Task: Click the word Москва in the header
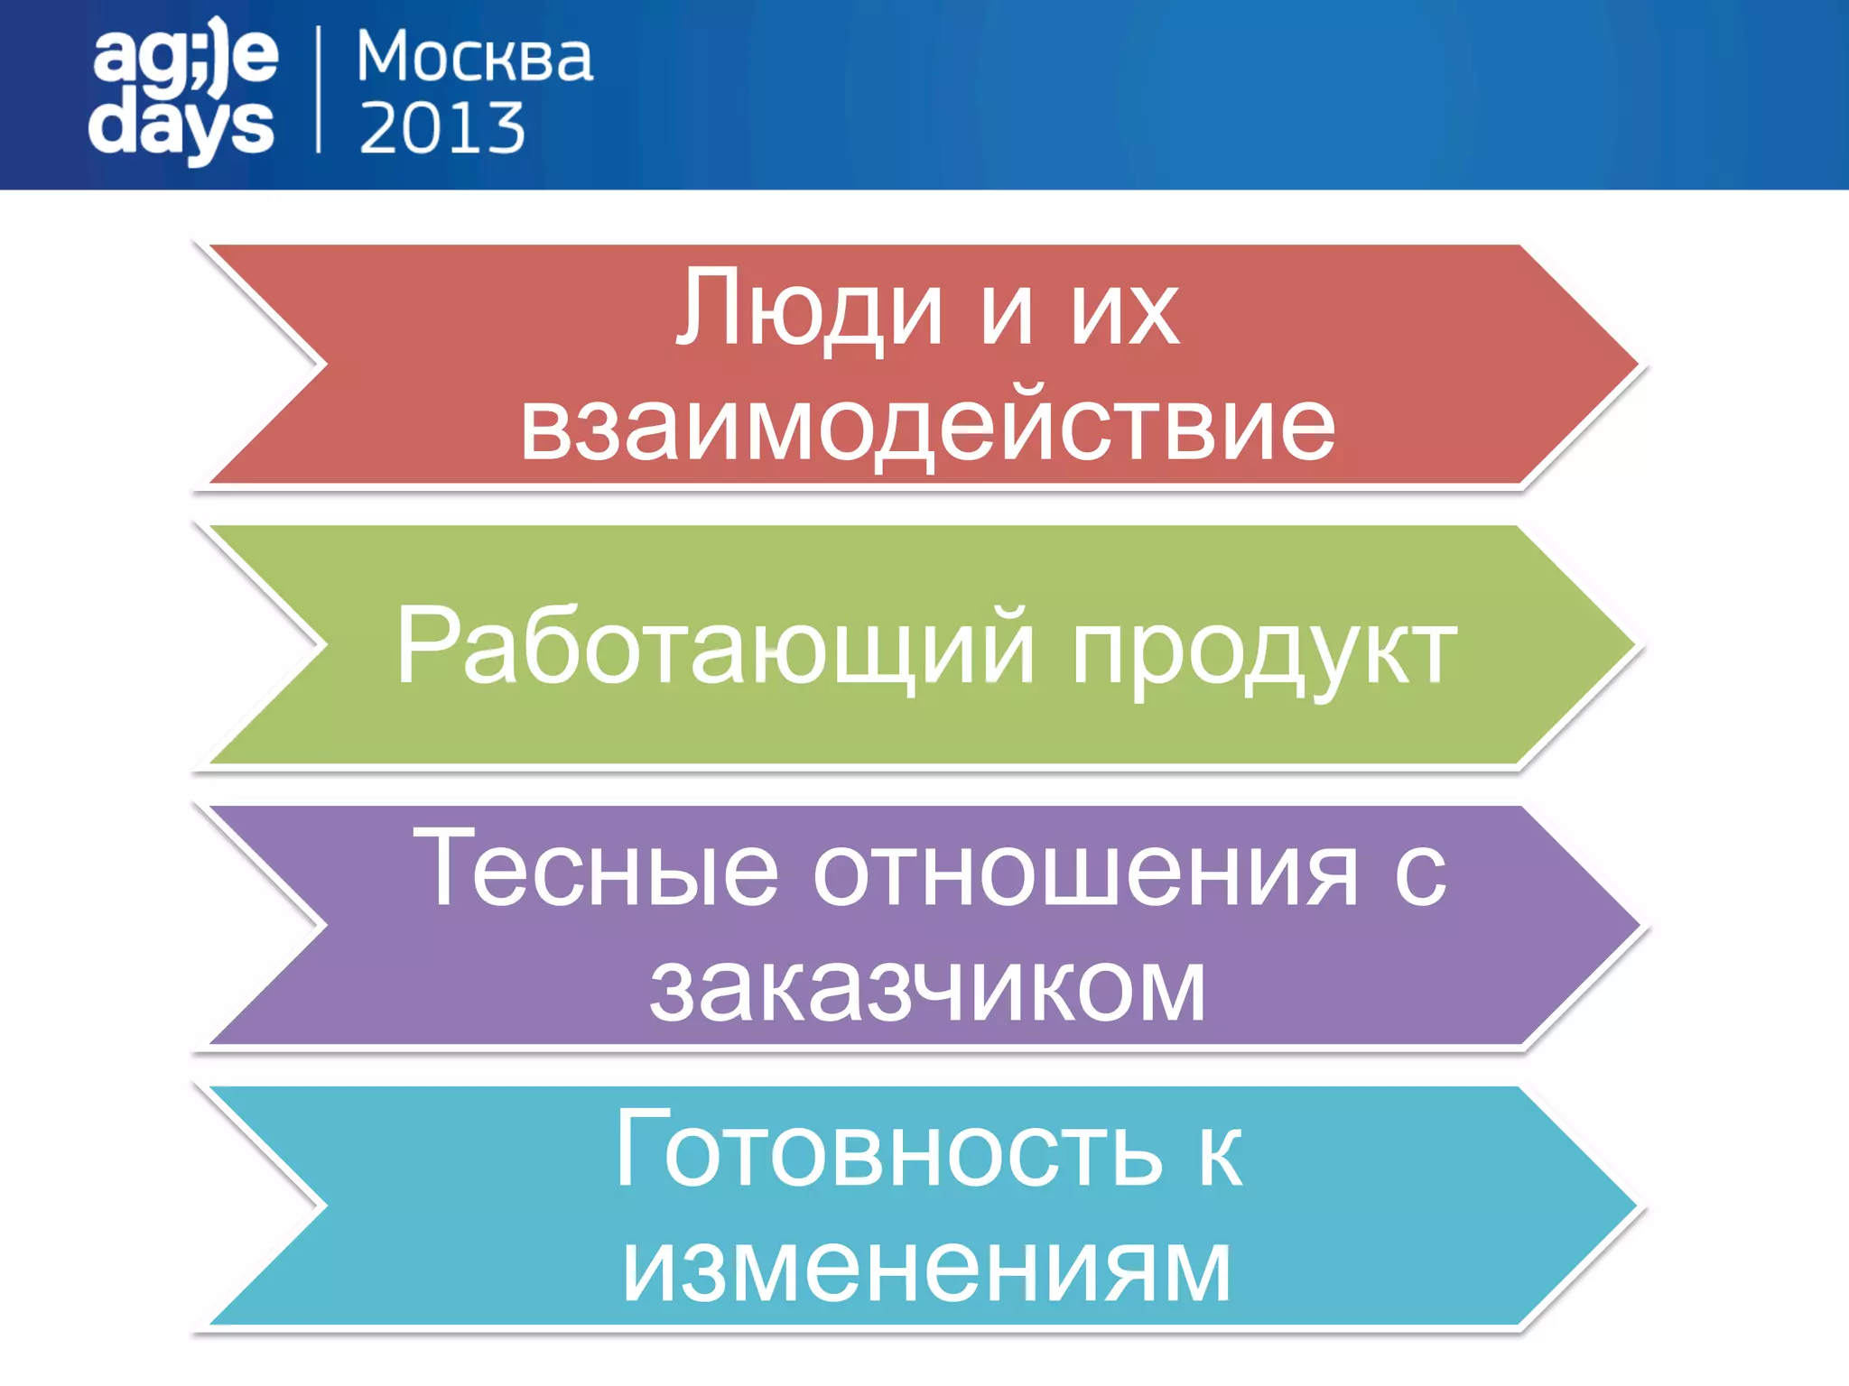click(x=475, y=58)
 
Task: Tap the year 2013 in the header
click(x=442, y=128)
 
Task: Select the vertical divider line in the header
click(x=319, y=89)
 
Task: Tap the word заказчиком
click(x=927, y=990)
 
